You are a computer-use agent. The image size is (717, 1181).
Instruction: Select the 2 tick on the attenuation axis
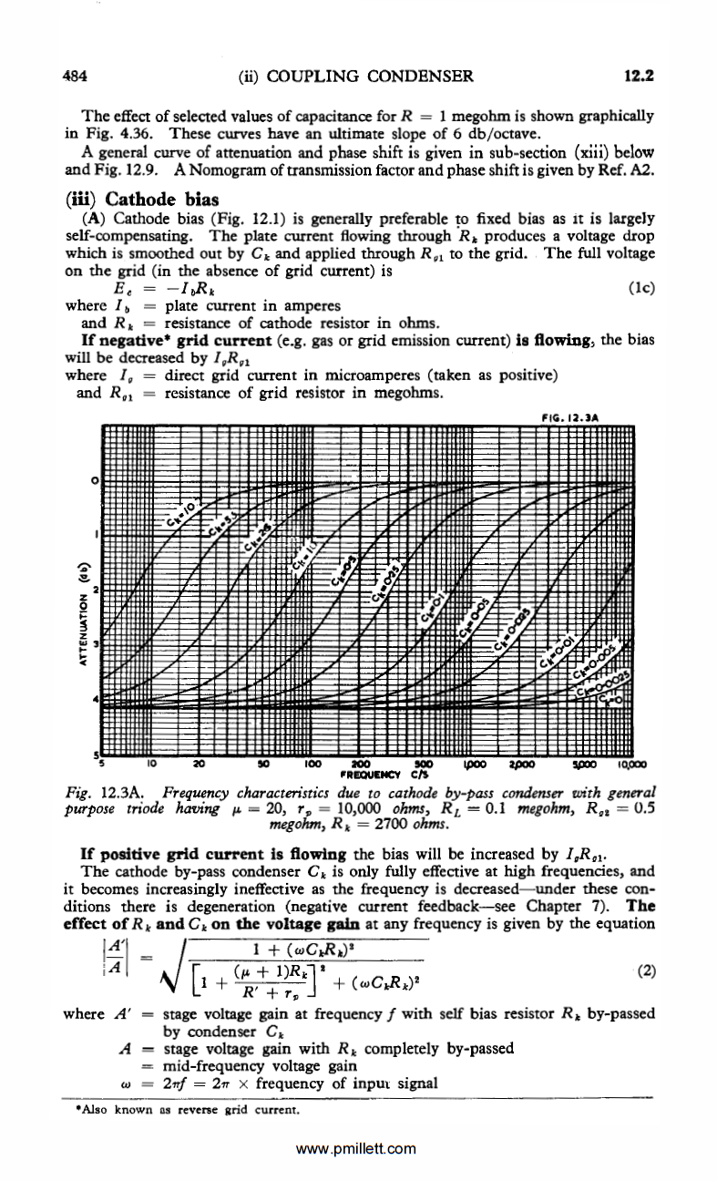point(95,587)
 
